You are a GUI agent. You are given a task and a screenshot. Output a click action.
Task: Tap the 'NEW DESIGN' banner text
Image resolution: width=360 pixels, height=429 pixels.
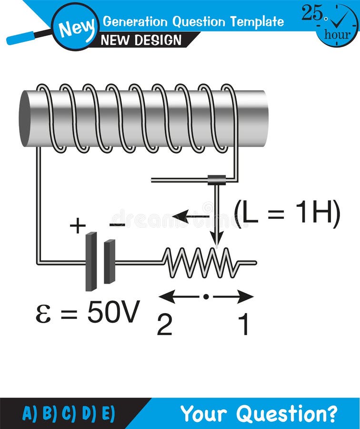click(x=142, y=40)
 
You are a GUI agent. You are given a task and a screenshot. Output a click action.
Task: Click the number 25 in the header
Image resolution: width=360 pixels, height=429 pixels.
click(x=312, y=13)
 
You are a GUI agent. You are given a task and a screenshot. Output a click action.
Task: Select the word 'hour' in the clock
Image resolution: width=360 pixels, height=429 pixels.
click(x=338, y=34)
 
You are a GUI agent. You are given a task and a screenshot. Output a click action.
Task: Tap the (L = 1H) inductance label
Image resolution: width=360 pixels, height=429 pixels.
click(x=287, y=214)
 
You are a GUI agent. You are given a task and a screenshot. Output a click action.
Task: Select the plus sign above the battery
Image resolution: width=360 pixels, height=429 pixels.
click(x=78, y=225)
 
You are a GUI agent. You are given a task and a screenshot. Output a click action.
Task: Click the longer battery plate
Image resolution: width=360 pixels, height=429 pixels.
click(x=91, y=261)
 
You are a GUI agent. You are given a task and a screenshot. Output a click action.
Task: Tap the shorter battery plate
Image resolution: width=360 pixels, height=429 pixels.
click(x=110, y=262)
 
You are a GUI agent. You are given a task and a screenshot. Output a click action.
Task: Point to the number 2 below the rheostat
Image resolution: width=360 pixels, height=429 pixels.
click(x=165, y=325)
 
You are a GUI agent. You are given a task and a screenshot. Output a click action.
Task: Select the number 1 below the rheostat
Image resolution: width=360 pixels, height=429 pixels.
click(x=243, y=325)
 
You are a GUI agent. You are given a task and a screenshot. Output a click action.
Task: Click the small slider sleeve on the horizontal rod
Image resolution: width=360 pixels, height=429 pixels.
click(x=217, y=180)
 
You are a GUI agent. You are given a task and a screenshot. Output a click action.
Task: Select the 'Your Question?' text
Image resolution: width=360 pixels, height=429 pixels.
click(x=259, y=413)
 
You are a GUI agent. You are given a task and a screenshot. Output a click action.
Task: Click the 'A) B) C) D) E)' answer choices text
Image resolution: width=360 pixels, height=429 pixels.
click(x=69, y=413)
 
